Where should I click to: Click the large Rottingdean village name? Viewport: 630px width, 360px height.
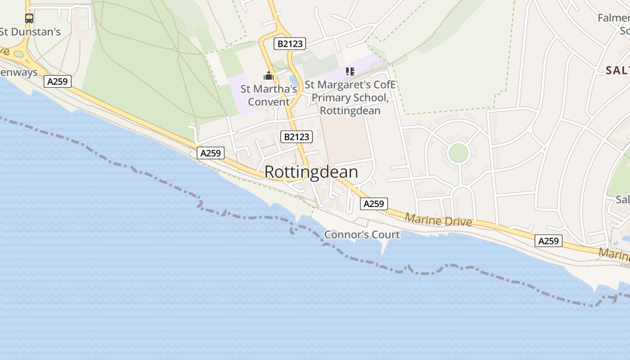(311, 172)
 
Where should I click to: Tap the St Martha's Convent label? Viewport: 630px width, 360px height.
(269, 95)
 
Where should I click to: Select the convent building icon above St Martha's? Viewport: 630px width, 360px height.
(269, 76)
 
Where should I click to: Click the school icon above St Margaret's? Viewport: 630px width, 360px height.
(350, 72)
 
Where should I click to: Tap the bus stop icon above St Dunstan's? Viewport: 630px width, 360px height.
(29, 18)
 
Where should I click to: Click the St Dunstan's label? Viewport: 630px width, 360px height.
(30, 32)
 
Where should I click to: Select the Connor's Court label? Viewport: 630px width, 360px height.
(362, 234)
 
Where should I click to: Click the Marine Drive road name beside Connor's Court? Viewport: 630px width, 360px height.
(438, 220)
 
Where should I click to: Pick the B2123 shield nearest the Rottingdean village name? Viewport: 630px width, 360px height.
(296, 137)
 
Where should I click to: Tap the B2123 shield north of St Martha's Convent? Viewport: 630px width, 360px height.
(290, 44)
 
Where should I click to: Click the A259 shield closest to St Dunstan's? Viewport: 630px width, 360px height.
(58, 81)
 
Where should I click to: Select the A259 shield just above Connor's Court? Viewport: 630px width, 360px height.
(373, 204)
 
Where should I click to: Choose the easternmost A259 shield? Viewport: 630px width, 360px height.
(549, 241)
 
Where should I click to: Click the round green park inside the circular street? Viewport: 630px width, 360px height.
(459, 153)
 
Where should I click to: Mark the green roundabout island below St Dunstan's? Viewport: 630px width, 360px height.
(18, 54)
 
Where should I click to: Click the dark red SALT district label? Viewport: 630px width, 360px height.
(617, 70)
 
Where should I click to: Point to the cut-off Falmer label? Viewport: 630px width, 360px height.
(613, 18)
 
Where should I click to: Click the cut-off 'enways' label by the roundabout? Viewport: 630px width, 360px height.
(19, 72)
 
